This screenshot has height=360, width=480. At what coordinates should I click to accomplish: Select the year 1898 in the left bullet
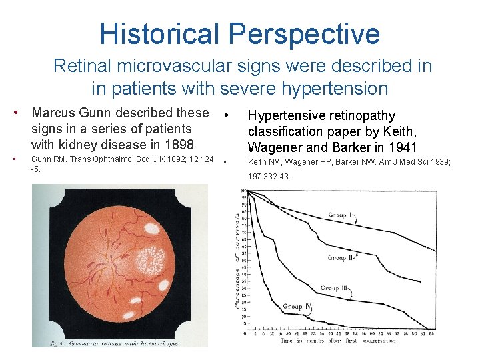[x=177, y=145]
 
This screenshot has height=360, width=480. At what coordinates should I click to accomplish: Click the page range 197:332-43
[x=269, y=176]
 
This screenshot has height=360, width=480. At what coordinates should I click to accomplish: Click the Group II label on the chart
[x=341, y=257]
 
